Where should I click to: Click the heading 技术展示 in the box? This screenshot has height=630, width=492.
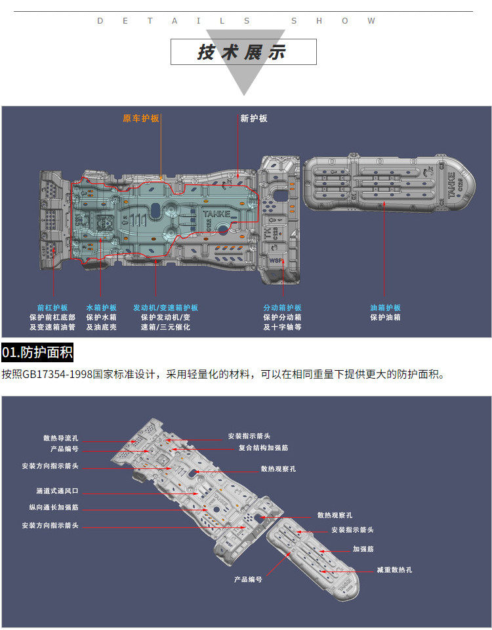pos(242,52)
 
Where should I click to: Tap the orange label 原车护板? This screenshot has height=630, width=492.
pos(141,119)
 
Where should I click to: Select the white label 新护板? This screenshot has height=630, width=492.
pos(254,119)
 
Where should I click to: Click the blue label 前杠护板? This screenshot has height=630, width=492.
pos(52,308)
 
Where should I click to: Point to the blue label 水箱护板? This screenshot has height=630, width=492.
pos(101,308)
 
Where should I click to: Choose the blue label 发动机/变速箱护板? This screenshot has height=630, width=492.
pos(165,308)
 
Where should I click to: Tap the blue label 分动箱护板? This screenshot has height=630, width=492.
pos(282,308)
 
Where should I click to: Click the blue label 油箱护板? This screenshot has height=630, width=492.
pos(385,308)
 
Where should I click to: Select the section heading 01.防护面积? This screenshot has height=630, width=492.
pos(37,352)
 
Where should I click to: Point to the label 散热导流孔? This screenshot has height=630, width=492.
pos(61,438)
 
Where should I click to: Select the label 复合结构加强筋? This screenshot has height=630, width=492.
pos(263,448)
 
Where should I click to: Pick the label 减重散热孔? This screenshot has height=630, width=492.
pos(394,570)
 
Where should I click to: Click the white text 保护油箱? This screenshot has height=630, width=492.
pos(385,318)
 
